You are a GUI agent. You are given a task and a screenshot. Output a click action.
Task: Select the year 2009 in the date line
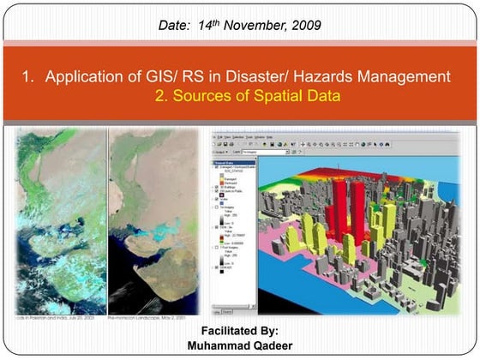pos(306,25)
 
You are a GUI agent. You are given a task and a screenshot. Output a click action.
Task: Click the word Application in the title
pos(85,77)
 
